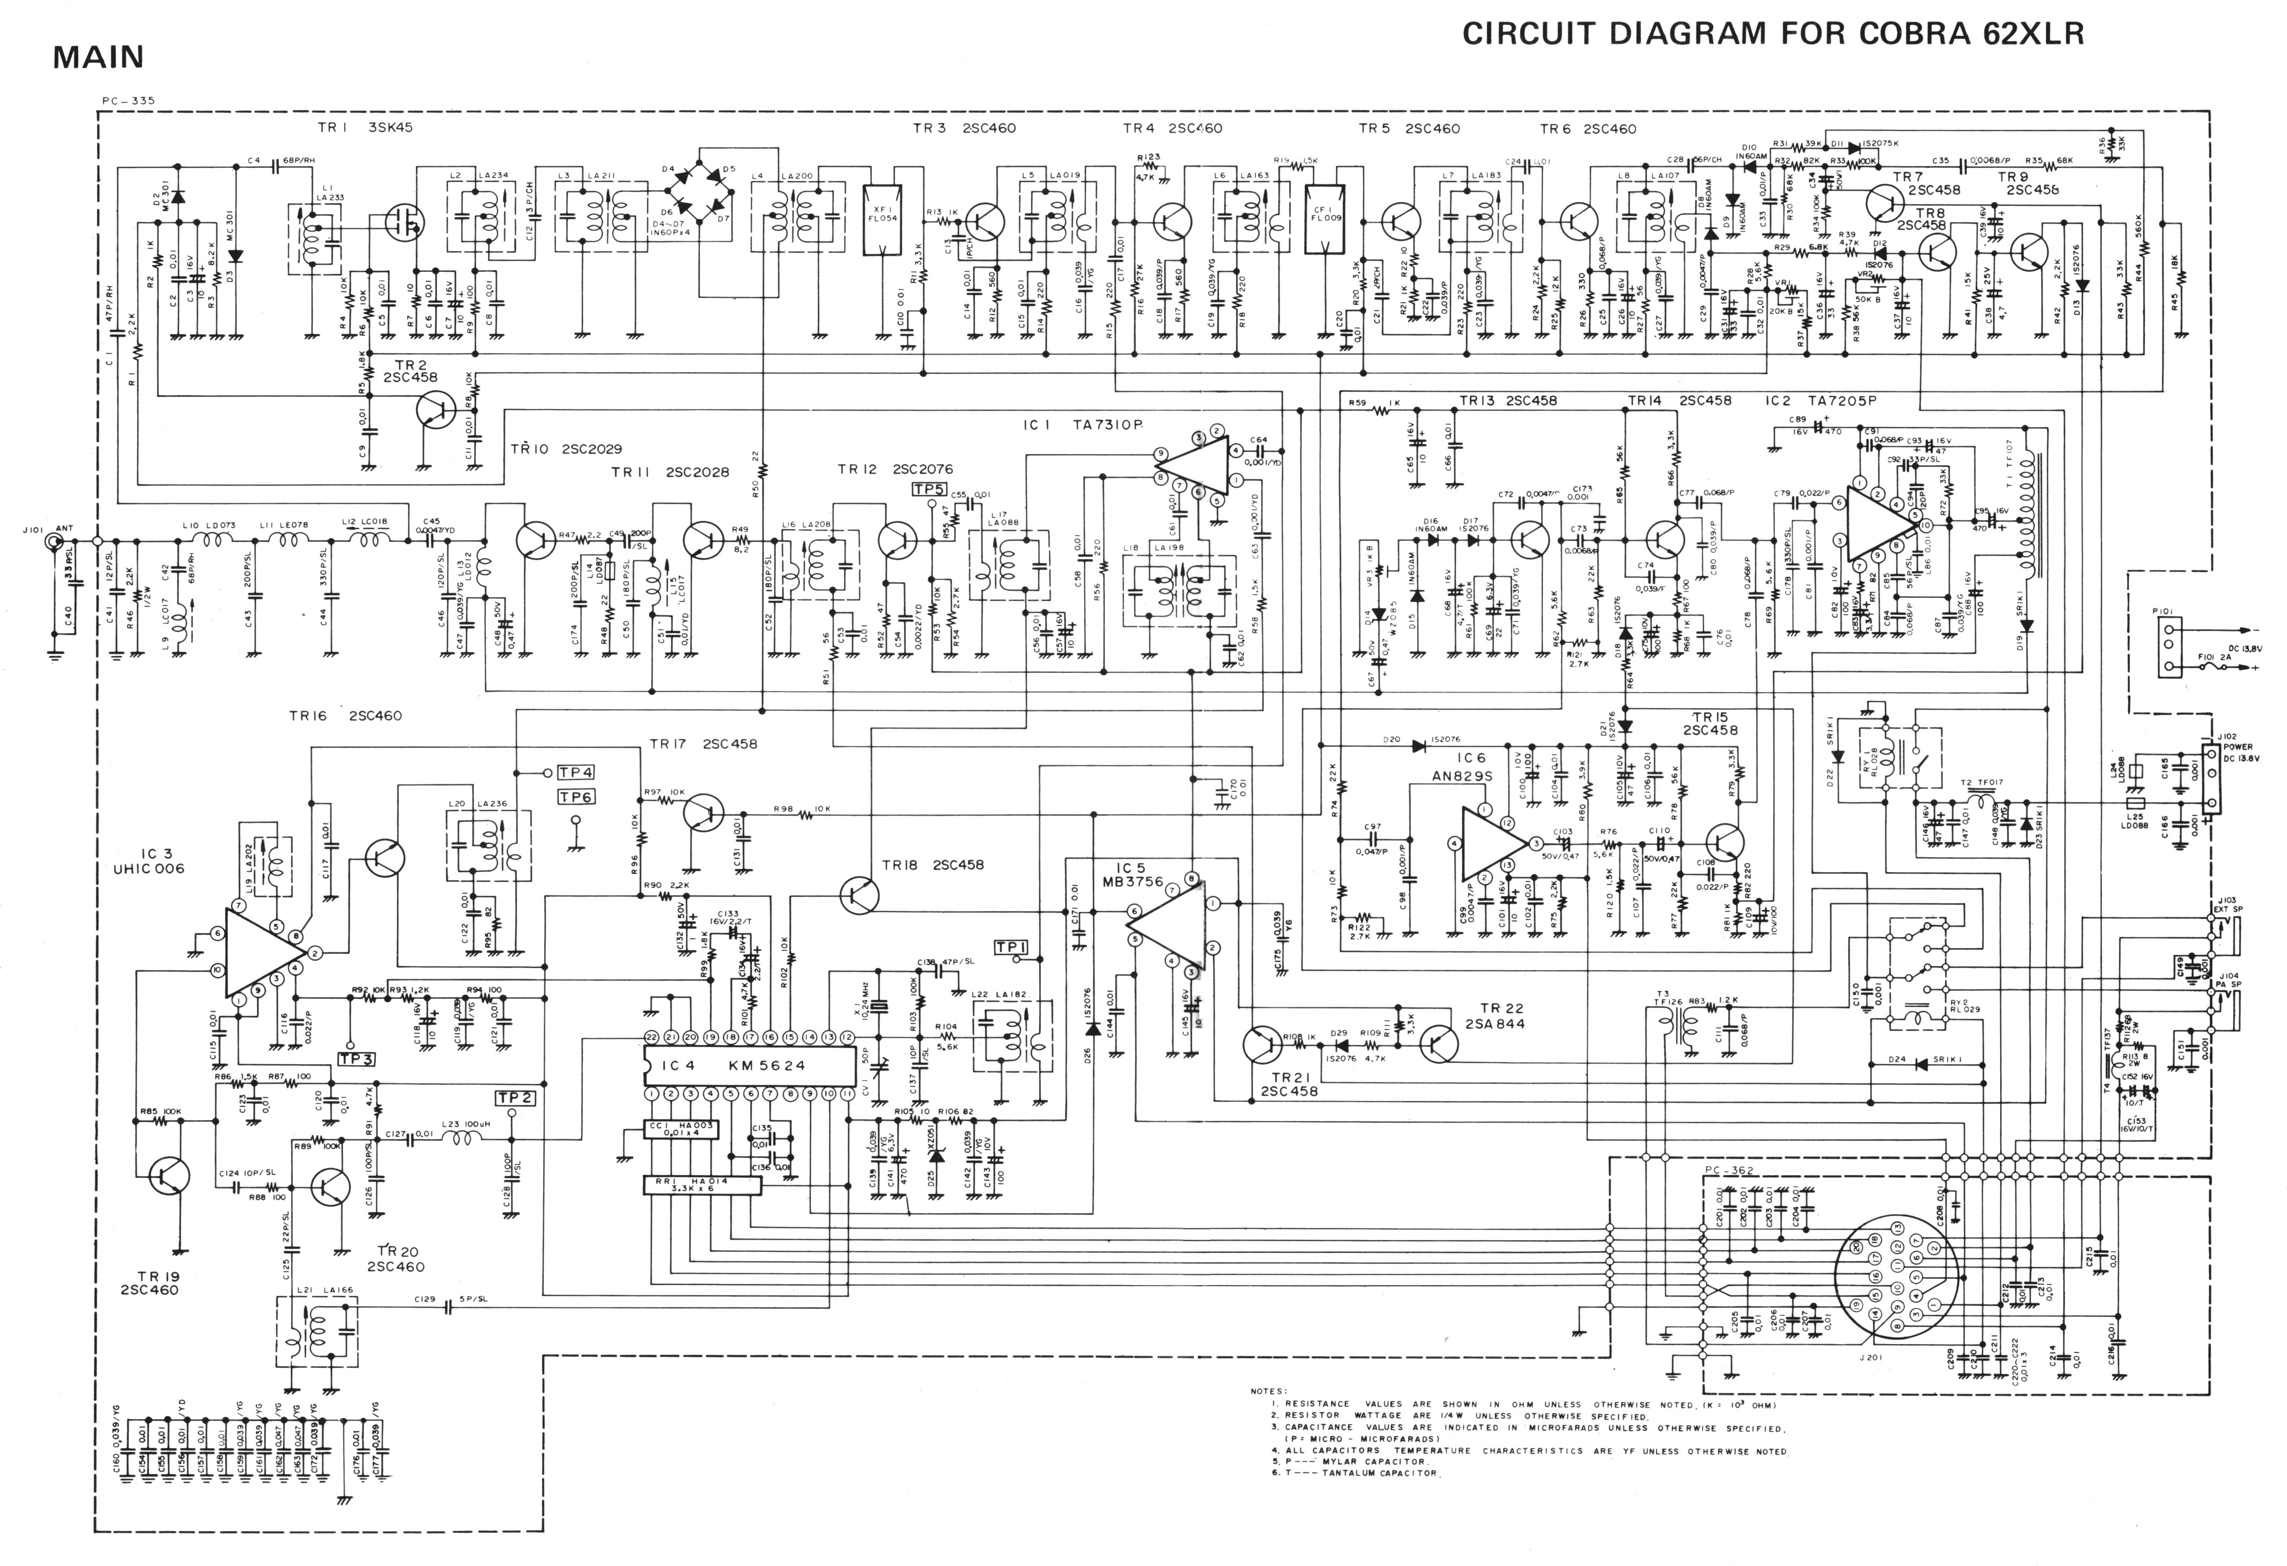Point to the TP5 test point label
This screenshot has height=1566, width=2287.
(929, 489)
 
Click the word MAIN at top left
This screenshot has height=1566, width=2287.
(99, 57)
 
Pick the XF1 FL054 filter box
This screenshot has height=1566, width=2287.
(882, 219)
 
